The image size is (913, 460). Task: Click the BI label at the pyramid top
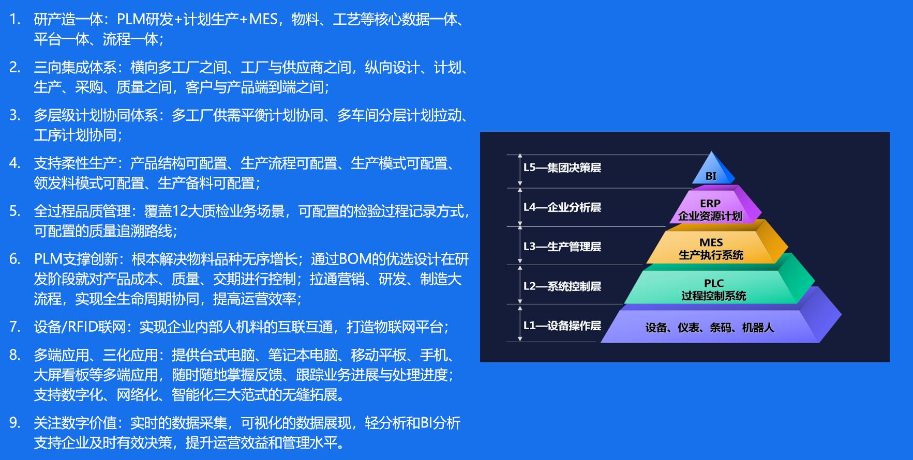(711, 176)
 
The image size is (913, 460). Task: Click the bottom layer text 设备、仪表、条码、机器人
(710, 327)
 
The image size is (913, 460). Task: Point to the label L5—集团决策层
(562, 167)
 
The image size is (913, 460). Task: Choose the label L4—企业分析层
(562, 207)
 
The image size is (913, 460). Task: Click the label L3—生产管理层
(562, 247)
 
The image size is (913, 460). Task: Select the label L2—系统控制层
(562, 286)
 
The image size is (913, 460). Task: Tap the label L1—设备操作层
(562, 325)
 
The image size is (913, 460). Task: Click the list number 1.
(15, 20)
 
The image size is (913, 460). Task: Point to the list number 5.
(15, 211)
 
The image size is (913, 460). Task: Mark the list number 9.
(15, 423)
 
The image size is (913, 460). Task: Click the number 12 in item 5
(179, 211)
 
